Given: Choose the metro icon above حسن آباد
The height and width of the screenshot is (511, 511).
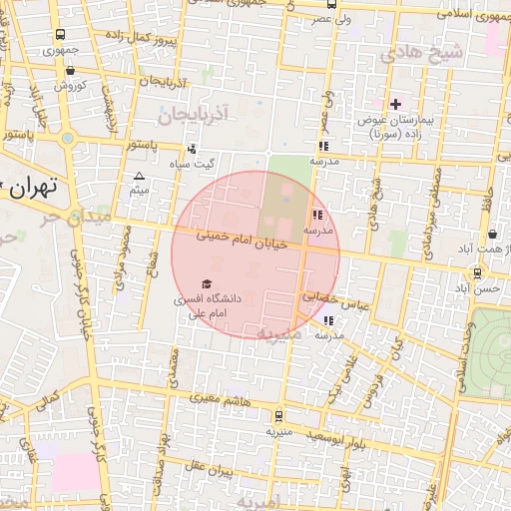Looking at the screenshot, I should (477, 270).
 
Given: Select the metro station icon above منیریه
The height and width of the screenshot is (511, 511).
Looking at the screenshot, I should (277, 416).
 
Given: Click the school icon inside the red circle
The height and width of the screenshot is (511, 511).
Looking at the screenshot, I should (316, 214).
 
